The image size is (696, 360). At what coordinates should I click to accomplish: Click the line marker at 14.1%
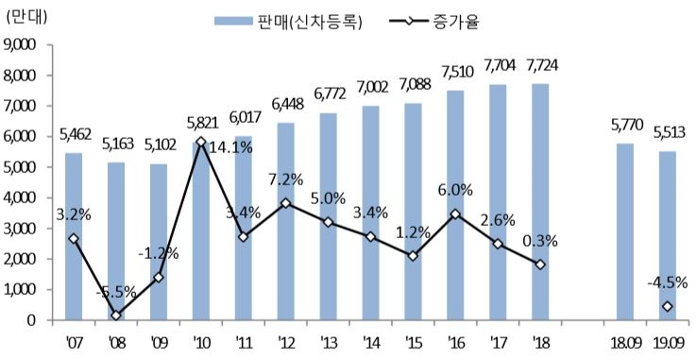point(201,142)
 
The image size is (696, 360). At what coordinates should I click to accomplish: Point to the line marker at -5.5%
point(116,316)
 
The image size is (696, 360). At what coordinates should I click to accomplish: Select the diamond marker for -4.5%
point(667,306)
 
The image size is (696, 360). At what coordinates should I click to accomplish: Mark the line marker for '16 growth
point(455,214)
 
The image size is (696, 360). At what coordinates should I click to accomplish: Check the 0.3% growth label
point(540,241)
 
